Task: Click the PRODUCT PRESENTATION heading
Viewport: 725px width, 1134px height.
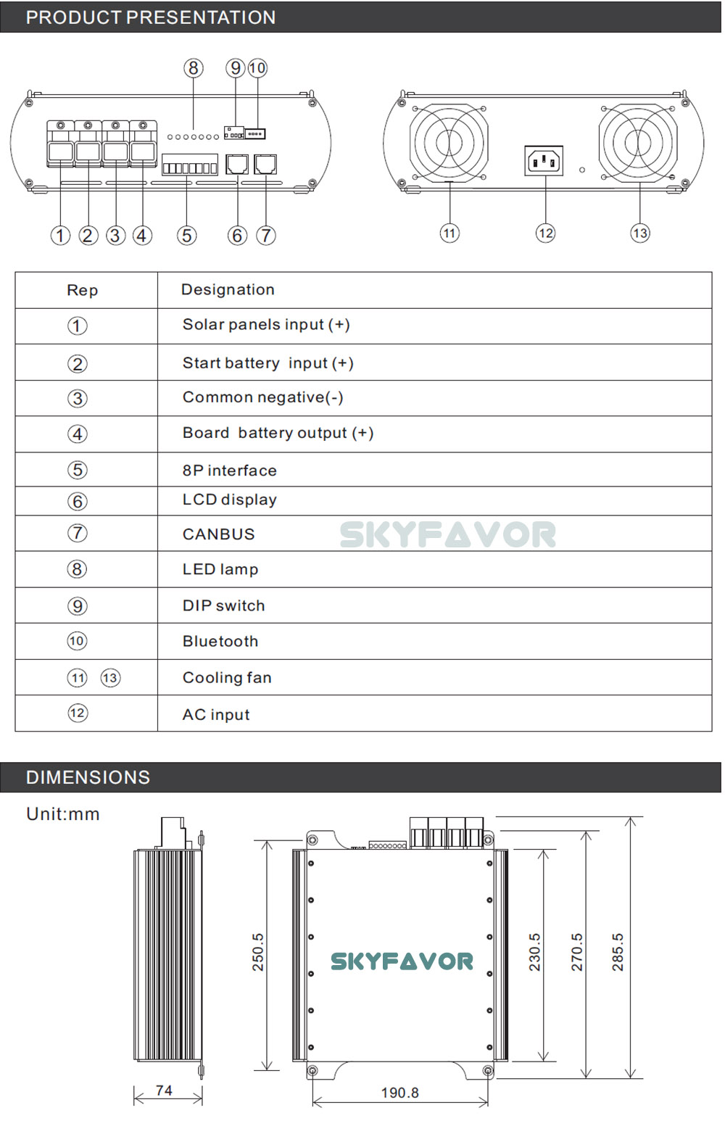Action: coord(150,17)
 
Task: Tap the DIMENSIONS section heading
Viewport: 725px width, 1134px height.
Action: coord(88,777)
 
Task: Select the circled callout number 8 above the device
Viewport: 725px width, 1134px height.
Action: coord(193,68)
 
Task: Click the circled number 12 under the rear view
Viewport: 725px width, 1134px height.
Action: coord(545,233)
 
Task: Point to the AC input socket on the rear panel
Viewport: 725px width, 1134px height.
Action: coord(544,160)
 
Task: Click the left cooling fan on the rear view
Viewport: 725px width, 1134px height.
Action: coord(449,141)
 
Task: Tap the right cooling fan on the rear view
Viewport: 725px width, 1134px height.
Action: coord(638,141)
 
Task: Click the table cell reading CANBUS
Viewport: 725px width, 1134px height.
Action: coord(218,534)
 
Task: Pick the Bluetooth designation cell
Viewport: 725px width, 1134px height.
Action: coord(220,642)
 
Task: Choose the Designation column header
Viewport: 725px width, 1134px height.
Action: coord(228,290)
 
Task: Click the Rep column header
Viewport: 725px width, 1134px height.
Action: coord(82,291)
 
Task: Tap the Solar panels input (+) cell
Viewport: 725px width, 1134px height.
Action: coord(266,325)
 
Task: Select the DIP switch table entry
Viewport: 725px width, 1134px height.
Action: coord(223,606)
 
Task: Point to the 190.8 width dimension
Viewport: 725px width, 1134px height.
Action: coord(399,1093)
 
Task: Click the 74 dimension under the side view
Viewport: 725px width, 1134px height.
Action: coord(164,1090)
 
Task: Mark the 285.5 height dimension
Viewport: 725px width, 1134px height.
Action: coord(618,951)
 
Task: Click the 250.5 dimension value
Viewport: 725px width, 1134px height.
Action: coord(258,951)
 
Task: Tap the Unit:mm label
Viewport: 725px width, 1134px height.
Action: coord(63,814)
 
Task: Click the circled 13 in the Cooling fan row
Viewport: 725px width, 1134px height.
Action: coord(110,678)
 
